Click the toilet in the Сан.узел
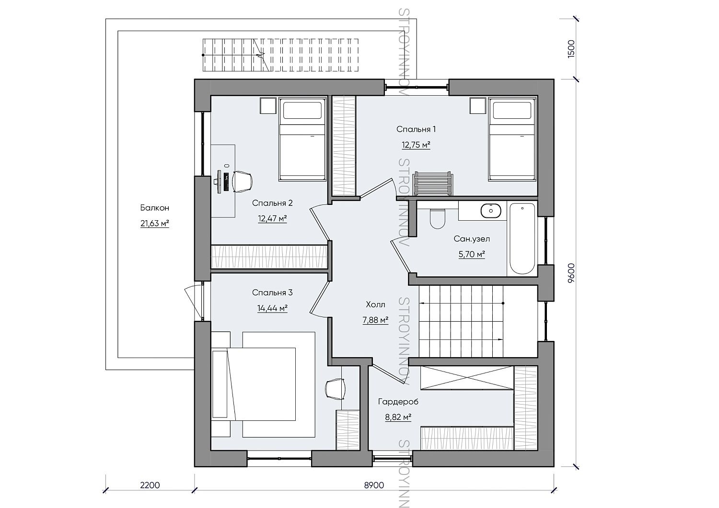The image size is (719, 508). click(x=437, y=218)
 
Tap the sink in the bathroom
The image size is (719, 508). click(x=491, y=211)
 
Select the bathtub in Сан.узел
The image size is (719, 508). click(x=522, y=238)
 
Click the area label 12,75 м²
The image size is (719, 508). click(x=416, y=145)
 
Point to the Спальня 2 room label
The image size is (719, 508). click(x=272, y=203)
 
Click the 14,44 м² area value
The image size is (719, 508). click(x=272, y=308)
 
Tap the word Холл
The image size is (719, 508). click(x=375, y=305)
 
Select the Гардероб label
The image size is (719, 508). click(x=398, y=402)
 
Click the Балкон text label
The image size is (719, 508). click(x=155, y=208)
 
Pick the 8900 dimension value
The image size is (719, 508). click(x=374, y=485)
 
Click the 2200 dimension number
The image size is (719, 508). click(x=150, y=485)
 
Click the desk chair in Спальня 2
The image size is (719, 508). click(x=242, y=181)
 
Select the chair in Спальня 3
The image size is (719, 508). click(x=335, y=389)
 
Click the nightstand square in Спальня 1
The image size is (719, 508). click(x=477, y=106)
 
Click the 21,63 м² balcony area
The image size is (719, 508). click(x=155, y=224)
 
